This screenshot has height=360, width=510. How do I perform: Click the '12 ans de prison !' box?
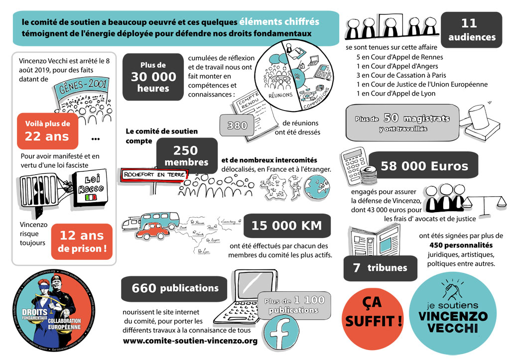click(82, 241)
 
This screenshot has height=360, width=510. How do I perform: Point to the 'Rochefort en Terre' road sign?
click(153, 175)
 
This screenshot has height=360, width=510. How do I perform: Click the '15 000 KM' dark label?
click(286, 226)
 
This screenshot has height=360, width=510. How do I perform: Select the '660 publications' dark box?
click(174, 288)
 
